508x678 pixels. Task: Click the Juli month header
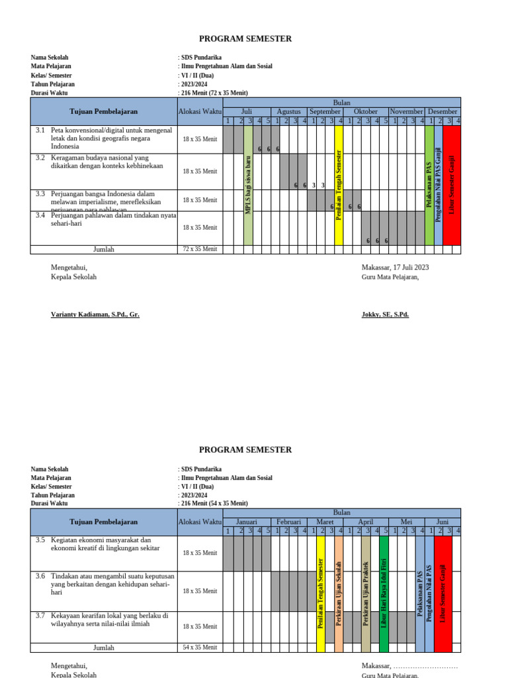click(247, 112)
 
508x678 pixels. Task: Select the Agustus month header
click(288, 112)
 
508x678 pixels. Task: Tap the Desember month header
click(443, 112)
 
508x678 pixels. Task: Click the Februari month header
click(288, 522)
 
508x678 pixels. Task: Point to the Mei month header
click(406, 522)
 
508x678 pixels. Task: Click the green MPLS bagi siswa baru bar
click(249, 185)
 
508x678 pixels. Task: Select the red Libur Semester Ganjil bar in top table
click(452, 185)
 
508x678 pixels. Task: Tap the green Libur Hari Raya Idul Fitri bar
click(384, 591)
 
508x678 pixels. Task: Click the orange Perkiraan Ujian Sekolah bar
click(339, 591)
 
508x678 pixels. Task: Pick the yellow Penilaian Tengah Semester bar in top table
click(339, 185)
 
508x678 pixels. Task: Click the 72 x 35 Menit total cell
click(200, 250)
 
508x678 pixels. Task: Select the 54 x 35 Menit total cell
click(200, 648)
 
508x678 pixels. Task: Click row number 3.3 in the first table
click(40, 194)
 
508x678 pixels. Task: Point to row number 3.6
click(40, 576)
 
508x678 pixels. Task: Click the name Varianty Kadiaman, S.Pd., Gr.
click(95, 315)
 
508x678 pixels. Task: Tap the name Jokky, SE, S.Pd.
click(385, 315)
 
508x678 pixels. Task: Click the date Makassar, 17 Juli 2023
click(395, 267)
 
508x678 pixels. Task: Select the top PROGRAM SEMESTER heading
click(245, 39)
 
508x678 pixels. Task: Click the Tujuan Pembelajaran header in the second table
click(104, 522)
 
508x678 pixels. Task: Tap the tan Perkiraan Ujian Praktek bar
click(366, 591)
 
